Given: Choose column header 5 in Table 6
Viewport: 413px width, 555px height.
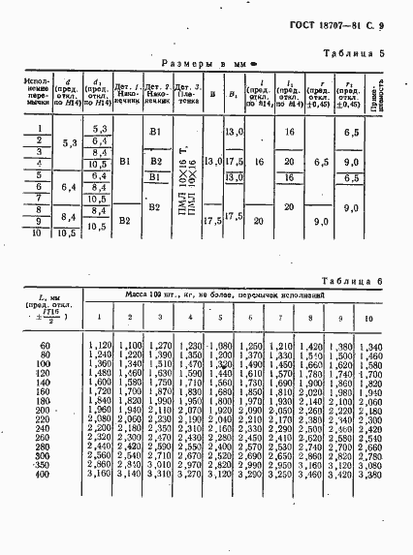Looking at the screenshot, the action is tap(221, 319).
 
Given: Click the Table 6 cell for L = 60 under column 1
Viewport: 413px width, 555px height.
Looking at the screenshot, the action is tap(101, 345).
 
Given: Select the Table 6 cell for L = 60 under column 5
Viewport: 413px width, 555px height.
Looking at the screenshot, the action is tap(221, 345).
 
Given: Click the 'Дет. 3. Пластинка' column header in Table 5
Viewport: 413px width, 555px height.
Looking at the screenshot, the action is tap(188, 95).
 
